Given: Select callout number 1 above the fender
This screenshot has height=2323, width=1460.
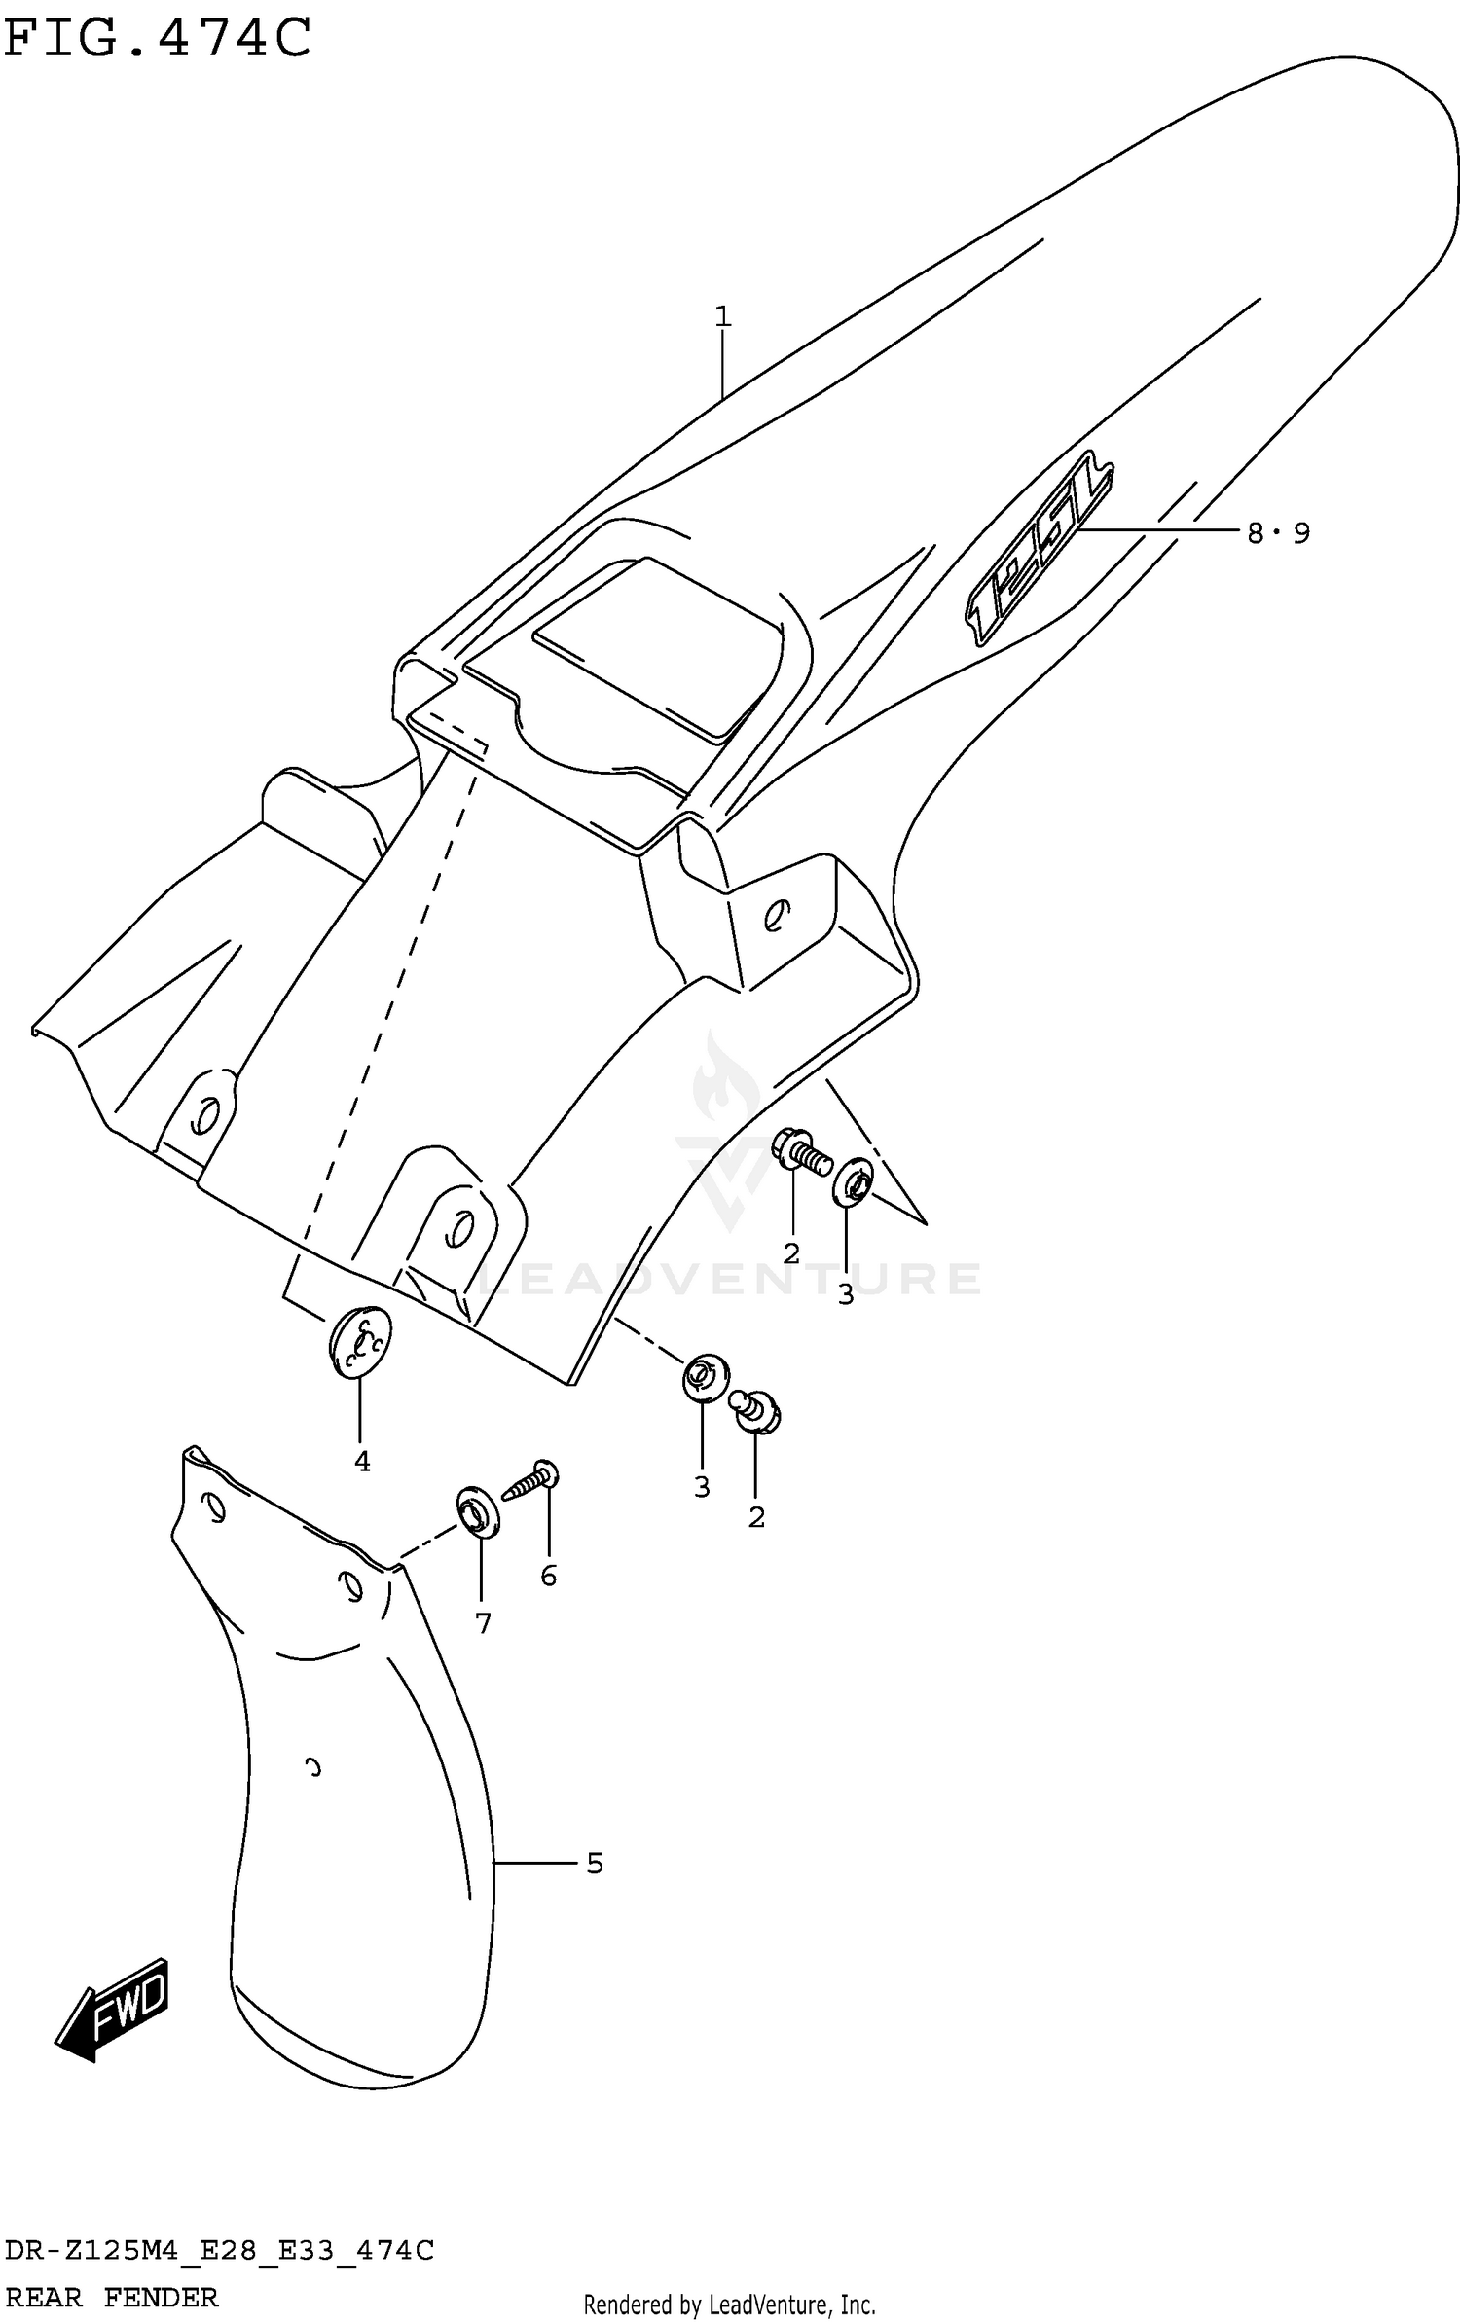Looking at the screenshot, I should [x=722, y=316].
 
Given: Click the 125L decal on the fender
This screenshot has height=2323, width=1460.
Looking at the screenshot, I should [x=1039, y=552].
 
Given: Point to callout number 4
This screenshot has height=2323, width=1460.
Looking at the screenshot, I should [x=362, y=1461].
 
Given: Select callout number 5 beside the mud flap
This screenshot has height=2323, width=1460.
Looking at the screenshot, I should [x=595, y=1864].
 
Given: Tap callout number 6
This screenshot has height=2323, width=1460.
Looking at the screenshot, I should [x=549, y=1576].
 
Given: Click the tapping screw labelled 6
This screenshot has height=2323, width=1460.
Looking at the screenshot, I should [x=530, y=1483].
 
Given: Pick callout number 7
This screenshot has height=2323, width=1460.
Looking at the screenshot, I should [x=483, y=1622].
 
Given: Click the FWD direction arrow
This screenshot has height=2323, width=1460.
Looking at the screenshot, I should [x=114, y=2008].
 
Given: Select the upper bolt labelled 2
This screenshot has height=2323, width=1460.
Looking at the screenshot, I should [x=802, y=1151].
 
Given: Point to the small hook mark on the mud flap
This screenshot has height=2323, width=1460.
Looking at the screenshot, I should [x=312, y=1766].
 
